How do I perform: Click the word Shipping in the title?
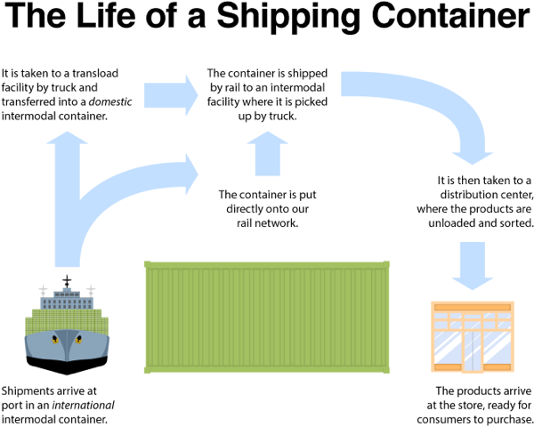(x=288, y=17)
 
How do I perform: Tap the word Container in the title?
(x=450, y=16)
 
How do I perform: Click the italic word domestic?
(x=110, y=101)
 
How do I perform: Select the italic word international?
(x=84, y=406)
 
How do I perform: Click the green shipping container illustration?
(x=267, y=318)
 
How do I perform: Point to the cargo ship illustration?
(x=67, y=325)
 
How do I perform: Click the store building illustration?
(x=473, y=336)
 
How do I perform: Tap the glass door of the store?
(x=473, y=350)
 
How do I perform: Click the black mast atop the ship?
(x=67, y=281)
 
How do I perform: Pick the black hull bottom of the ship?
(x=67, y=365)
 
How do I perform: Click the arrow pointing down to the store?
(x=473, y=266)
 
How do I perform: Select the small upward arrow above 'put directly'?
(x=268, y=154)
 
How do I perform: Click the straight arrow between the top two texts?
(x=171, y=95)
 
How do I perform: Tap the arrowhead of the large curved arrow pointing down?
(x=473, y=158)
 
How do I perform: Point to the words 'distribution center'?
(x=486, y=195)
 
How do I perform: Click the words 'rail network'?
(x=267, y=223)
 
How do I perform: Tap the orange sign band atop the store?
(x=473, y=308)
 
